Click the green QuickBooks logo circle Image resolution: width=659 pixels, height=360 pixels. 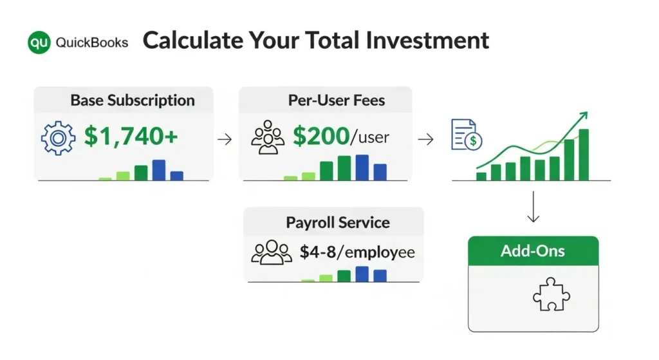(39, 43)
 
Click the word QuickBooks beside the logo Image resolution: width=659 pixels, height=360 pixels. (91, 43)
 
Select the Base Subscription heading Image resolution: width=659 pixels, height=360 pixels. (133, 100)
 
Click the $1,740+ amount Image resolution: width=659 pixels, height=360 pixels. (131, 136)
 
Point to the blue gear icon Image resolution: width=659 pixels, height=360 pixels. (59, 138)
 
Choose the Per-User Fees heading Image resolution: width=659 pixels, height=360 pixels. (336, 100)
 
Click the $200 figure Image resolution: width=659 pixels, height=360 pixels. (321, 136)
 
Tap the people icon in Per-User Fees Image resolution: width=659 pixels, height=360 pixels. (267, 137)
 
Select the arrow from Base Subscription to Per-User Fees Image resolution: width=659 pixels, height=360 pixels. (225, 139)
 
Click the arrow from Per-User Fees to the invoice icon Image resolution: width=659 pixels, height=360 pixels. (426, 139)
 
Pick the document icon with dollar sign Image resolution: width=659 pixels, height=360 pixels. (466, 135)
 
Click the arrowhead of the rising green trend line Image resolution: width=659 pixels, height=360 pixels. (583, 115)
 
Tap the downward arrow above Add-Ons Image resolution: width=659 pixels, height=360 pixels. (534, 207)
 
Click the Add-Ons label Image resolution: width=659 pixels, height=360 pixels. (532, 251)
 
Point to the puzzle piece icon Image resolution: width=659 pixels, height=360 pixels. (552, 294)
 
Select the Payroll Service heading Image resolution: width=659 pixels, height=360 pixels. (338, 222)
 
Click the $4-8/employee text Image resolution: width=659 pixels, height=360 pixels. (357, 252)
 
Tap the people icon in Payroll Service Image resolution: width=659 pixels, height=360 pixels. (272, 252)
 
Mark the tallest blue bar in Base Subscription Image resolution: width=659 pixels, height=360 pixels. (159, 170)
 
